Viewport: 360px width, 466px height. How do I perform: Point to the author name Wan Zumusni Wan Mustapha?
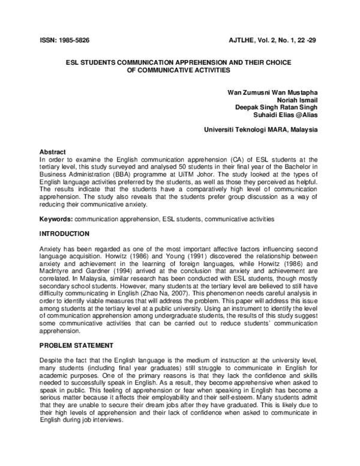pyautogui.click(x=272, y=92)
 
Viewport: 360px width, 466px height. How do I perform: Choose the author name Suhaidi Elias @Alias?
pyautogui.click(x=285, y=115)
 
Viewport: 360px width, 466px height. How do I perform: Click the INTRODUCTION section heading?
pyautogui.click(x=65, y=234)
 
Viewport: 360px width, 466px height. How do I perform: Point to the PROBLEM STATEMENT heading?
pyautogui.click(x=76, y=346)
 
